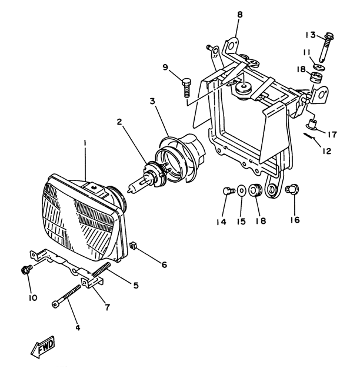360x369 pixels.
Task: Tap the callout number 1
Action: (85, 143)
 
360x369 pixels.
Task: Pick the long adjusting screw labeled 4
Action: (66, 297)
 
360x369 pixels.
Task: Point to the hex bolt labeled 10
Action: (26, 270)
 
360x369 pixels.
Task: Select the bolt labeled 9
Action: (186, 88)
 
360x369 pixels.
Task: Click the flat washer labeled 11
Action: (320, 67)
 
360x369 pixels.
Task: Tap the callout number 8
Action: (239, 15)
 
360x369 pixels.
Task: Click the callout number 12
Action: (327, 151)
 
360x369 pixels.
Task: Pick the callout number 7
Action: (108, 307)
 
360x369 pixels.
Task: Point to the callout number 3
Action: (153, 101)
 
